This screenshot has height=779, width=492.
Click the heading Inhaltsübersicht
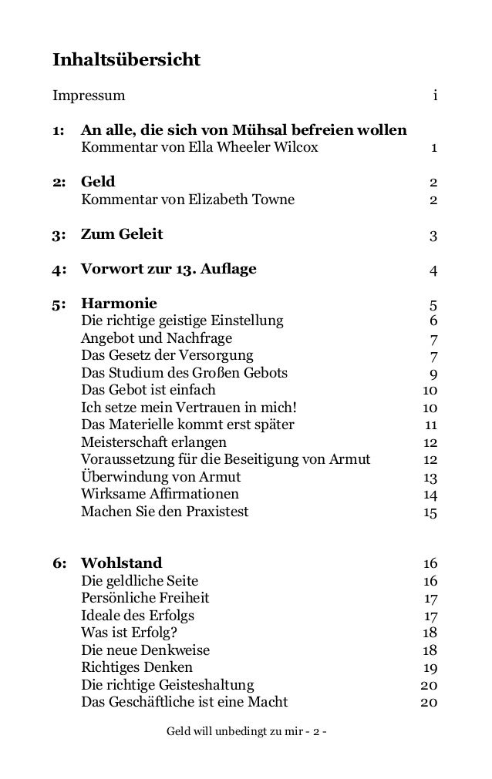[126, 59]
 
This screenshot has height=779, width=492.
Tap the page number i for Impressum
[436, 97]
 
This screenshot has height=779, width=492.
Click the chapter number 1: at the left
[59, 129]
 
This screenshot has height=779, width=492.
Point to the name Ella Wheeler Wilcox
[248, 148]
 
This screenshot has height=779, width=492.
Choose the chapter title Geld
[98, 182]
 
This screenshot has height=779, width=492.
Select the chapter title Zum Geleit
[122, 234]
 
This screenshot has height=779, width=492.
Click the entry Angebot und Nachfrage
[157, 338]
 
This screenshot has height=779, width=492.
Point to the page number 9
[434, 374]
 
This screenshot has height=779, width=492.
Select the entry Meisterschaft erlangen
[154, 442]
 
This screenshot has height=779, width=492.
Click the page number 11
[432, 425]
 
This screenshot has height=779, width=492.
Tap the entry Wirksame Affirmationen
[160, 494]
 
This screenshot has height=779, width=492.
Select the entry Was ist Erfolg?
[130, 633]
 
